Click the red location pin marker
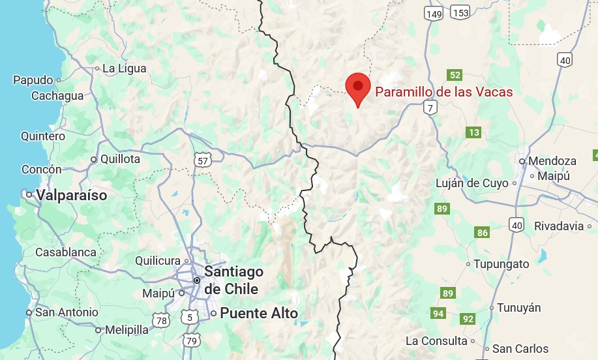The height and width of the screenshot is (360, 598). pyautogui.click(x=357, y=88)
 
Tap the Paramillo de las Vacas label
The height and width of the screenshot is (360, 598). pyautogui.click(x=443, y=92)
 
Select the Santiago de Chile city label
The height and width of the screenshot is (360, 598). pyautogui.click(x=233, y=280)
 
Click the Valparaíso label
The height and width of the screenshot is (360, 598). pyautogui.click(x=72, y=194)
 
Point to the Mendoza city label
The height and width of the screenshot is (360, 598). pyautogui.click(x=552, y=160)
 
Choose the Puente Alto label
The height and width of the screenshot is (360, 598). pyautogui.click(x=259, y=313)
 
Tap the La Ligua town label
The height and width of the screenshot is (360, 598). pyautogui.click(x=124, y=68)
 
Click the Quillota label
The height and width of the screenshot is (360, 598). pyautogui.click(x=120, y=158)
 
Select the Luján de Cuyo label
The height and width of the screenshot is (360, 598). pyautogui.click(x=472, y=183)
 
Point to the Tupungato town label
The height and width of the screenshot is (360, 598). pyautogui.click(x=501, y=264)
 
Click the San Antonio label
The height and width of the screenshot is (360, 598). pyautogui.click(x=67, y=312)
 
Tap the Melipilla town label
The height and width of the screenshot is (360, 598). pyautogui.click(x=127, y=329)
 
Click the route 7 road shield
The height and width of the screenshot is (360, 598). pyautogui.click(x=429, y=108)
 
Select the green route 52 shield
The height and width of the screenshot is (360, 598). pyautogui.click(x=455, y=75)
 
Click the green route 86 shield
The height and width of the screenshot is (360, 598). pyautogui.click(x=483, y=233)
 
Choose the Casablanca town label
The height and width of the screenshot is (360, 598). pyautogui.click(x=65, y=252)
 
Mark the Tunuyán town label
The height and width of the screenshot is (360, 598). pyautogui.click(x=519, y=308)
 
